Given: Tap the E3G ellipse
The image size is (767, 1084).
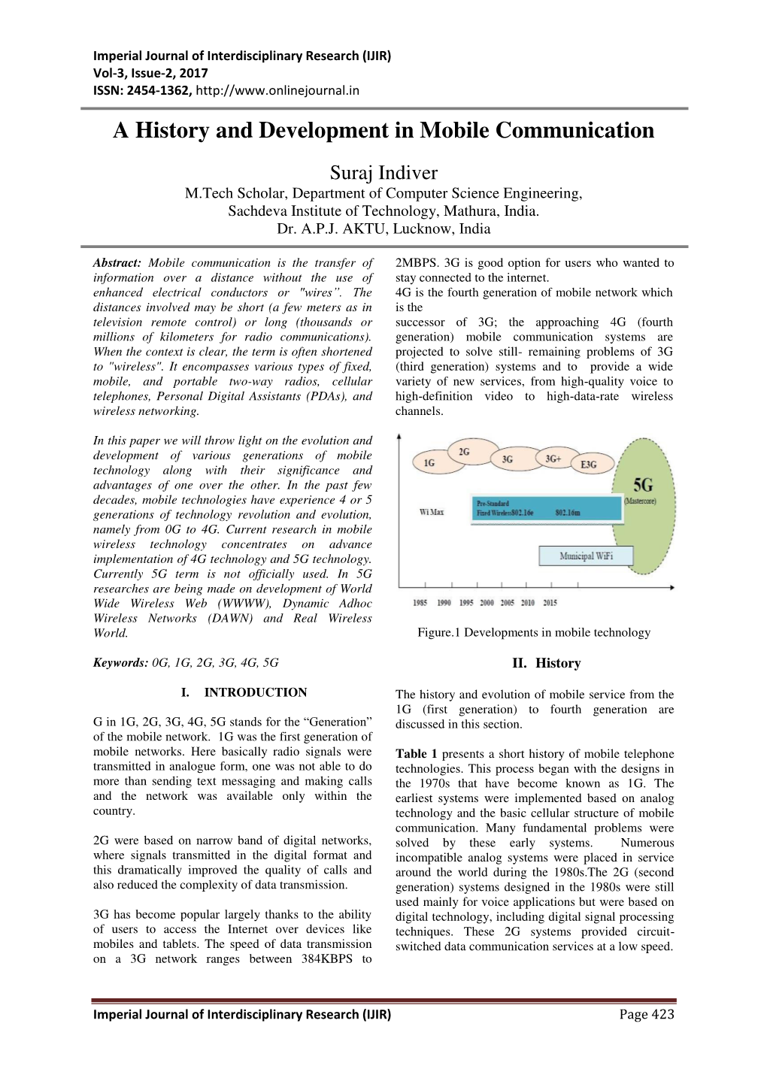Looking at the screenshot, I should click(589, 464).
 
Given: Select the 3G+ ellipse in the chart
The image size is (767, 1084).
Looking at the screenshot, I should click(553, 459).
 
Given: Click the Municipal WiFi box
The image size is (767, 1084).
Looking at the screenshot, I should click(586, 556).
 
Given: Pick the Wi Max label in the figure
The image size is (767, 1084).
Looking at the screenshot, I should click(432, 512).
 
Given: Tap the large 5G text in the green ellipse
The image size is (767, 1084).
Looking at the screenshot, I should click(642, 485).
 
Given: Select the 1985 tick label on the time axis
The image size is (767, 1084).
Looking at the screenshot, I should click(420, 603).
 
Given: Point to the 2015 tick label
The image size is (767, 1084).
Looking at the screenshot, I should click(550, 603).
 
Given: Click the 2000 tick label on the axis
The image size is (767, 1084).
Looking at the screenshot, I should click(487, 603).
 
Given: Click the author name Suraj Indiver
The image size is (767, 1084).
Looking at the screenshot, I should click(383, 173).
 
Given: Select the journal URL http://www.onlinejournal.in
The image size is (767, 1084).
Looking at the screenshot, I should click(277, 91).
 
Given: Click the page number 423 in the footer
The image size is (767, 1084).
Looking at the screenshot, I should click(662, 1014).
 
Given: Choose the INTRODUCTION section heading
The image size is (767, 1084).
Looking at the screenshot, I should click(256, 692).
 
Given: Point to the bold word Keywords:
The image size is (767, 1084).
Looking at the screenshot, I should click(120, 663).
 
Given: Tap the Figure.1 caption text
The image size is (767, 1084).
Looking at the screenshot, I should click(534, 633).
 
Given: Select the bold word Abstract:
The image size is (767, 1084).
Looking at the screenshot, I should click(117, 263).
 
